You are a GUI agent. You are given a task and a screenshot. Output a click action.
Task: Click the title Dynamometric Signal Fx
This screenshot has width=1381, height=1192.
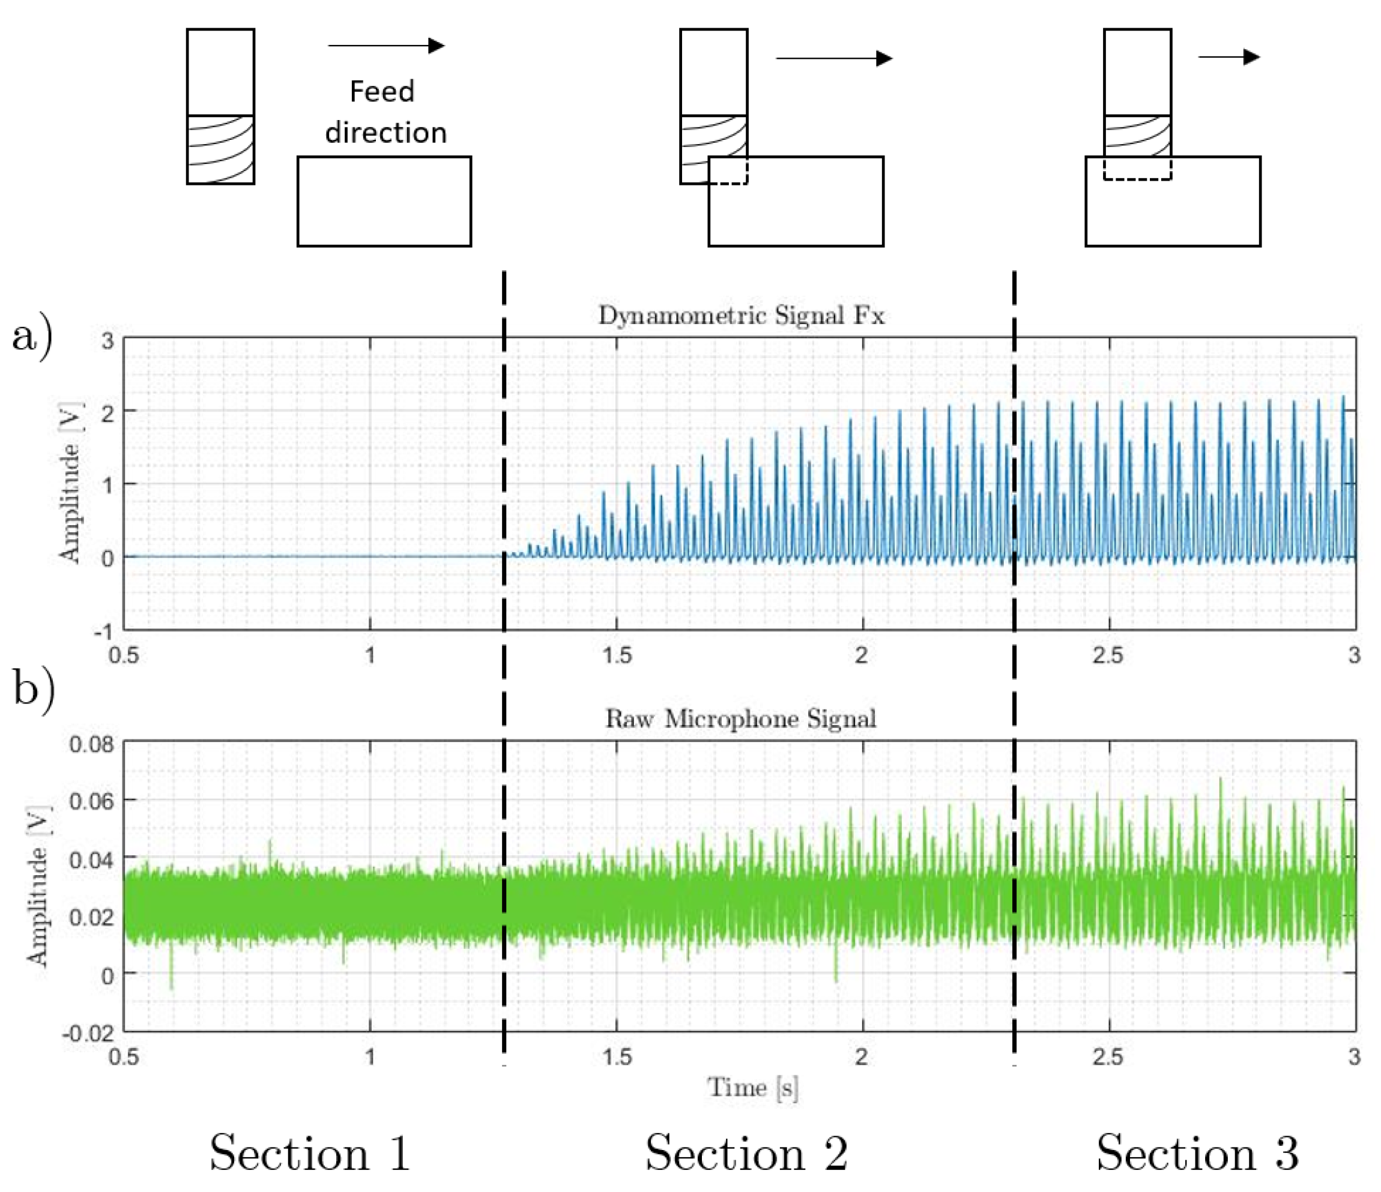tap(740, 316)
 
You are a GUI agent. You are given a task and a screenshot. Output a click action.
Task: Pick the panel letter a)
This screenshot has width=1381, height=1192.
tap(31, 337)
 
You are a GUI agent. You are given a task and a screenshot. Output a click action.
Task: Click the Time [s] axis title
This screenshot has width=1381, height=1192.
tap(752, 1088)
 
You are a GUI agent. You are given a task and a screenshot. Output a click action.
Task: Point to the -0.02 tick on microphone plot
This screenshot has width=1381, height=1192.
tap(88, 1034)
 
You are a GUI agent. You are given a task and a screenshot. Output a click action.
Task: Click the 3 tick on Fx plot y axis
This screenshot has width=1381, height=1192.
tap(107, 341)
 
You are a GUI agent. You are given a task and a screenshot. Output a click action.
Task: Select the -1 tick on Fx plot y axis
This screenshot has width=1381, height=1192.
tap(103, 630)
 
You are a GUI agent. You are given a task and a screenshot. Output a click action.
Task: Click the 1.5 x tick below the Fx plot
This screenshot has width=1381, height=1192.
tap(617, 655)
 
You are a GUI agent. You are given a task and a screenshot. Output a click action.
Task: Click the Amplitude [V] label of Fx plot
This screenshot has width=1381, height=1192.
tap(69, 483)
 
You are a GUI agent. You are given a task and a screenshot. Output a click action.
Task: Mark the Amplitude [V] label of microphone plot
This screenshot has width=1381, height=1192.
tap(37, 886)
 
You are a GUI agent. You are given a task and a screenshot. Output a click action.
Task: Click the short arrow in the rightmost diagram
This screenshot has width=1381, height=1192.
tap(1228, 57)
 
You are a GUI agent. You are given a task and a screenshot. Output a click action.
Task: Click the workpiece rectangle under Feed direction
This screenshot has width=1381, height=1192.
tap(384, 202)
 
